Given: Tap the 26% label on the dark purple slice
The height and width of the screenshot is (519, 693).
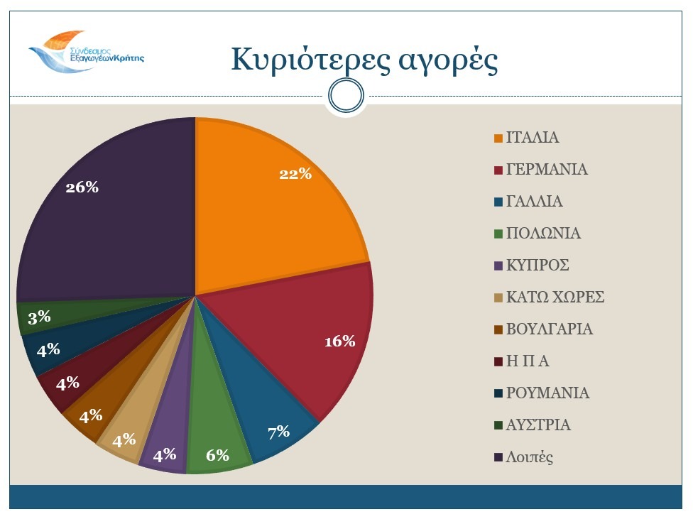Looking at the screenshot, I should point(82,187).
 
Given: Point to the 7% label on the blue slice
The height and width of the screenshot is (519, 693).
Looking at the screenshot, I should point(278,431).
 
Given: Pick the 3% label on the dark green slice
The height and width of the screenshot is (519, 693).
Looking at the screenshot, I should point(39,317).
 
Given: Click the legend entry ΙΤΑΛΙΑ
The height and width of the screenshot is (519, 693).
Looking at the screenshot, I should point(533,138).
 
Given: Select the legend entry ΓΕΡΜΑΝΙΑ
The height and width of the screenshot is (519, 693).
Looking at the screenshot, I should point(547,170).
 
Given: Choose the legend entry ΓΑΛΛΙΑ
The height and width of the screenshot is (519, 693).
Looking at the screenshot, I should point(535,202).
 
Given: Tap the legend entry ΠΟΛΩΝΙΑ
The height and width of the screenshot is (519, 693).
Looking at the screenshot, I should point(543,234).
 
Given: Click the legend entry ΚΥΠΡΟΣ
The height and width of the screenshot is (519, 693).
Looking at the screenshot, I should point(538,266).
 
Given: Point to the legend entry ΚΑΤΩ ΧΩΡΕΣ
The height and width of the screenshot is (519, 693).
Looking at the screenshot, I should point(555,297).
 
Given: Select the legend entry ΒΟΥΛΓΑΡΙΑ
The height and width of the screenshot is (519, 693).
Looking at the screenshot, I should point(550,329).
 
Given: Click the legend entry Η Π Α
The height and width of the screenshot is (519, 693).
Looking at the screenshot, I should point(528,361).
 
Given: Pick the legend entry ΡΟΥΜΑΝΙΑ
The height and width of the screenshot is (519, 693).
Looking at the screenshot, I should point(547,393).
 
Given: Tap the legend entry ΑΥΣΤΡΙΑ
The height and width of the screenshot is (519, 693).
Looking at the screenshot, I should point(538,425).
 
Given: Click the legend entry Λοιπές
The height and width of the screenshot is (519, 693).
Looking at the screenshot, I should point(529,457).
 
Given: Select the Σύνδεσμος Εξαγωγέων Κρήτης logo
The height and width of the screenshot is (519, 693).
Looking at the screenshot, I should point(86,51).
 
